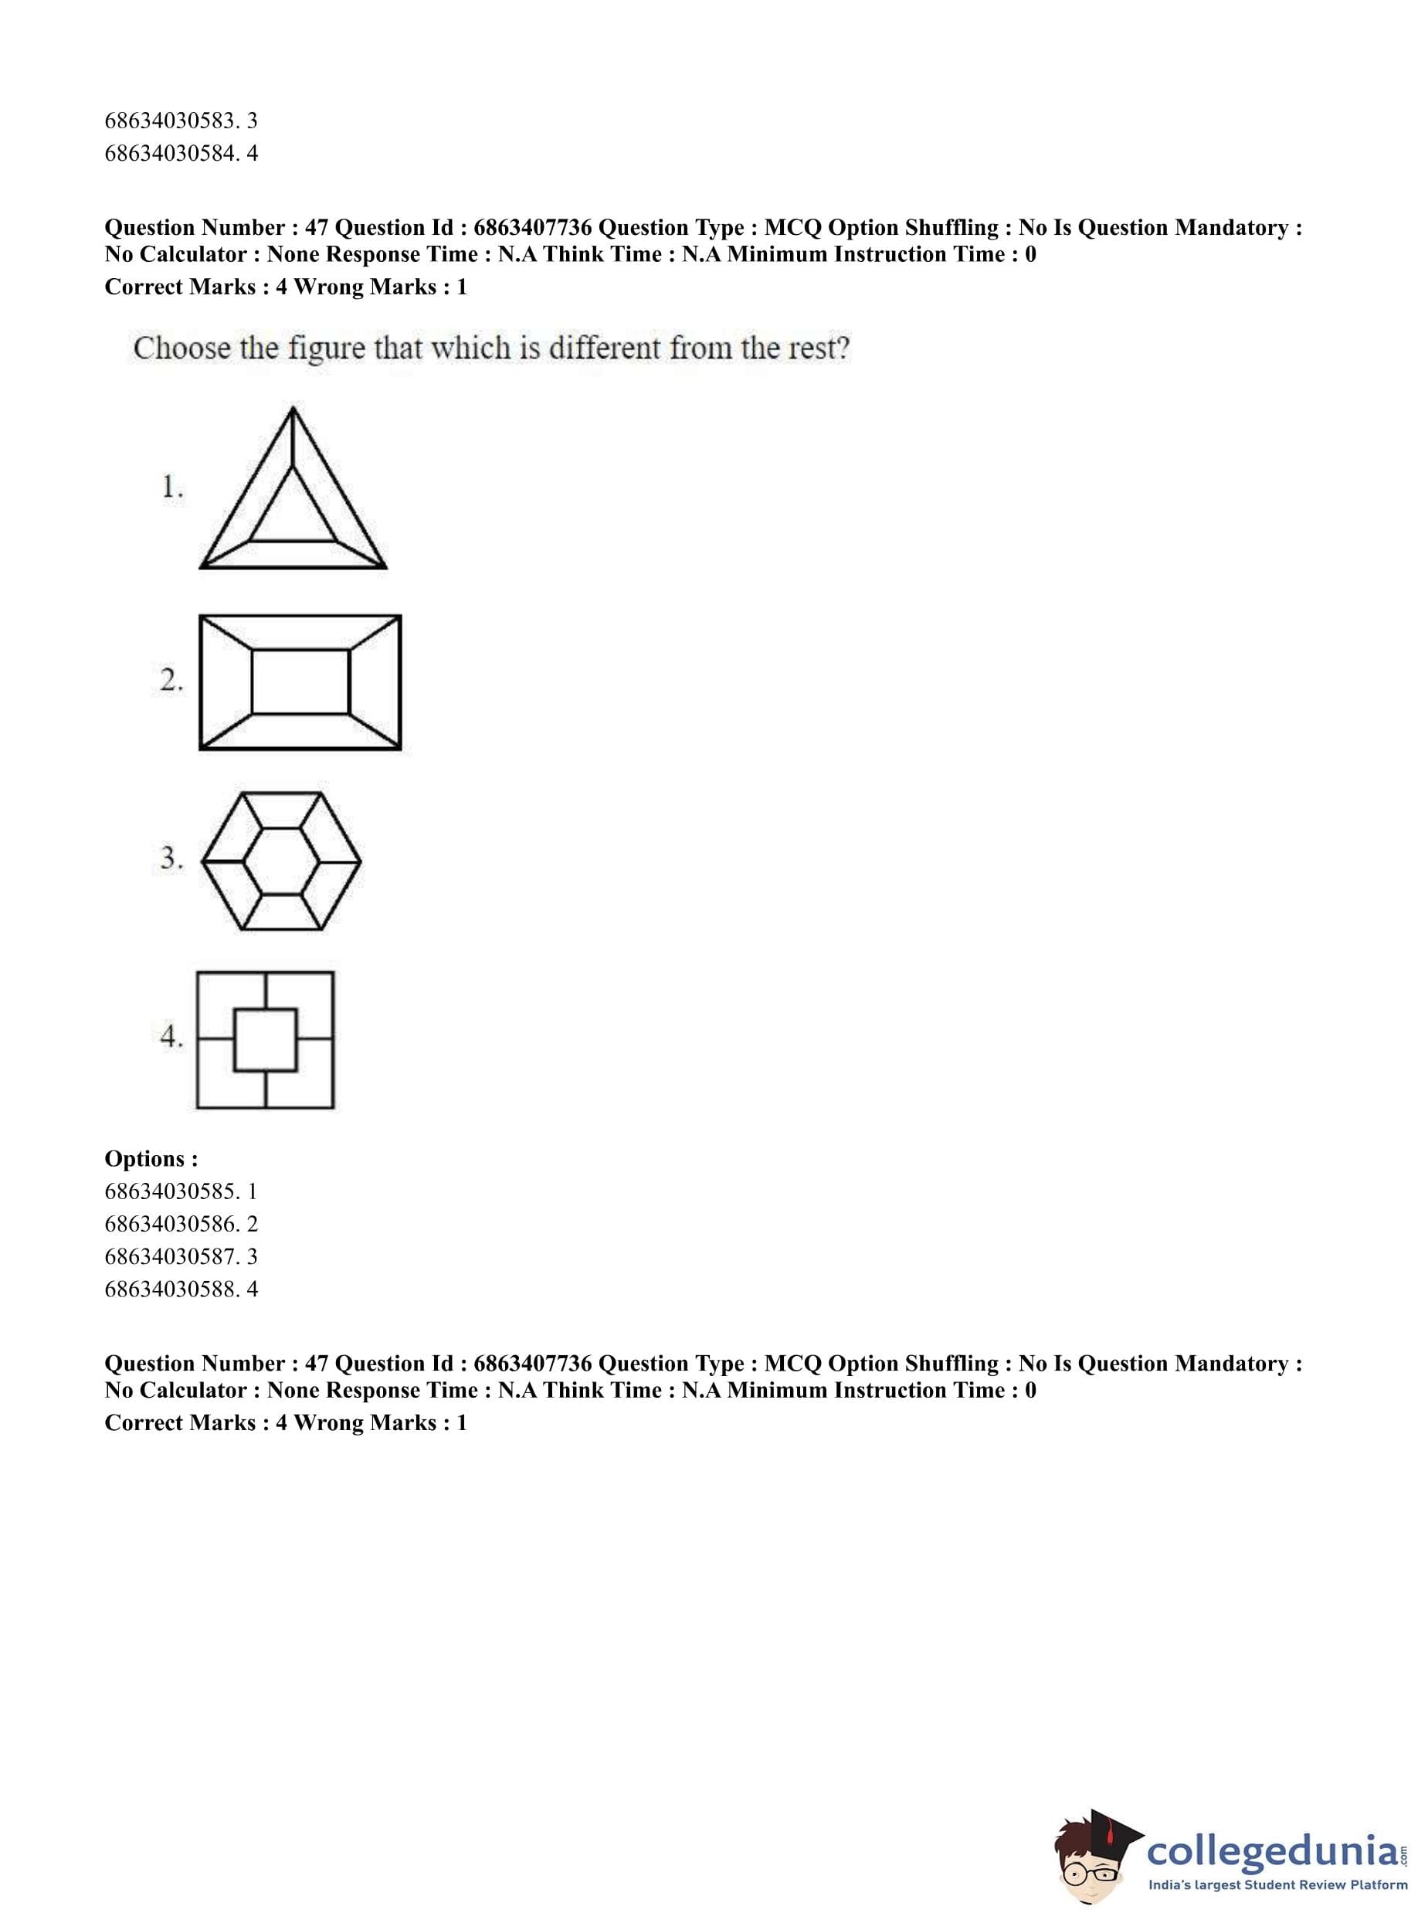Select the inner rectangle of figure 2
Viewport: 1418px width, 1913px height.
click(300, 681)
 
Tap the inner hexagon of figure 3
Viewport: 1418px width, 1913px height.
click(280, 861)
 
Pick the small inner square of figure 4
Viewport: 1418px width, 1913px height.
click(265, 1040)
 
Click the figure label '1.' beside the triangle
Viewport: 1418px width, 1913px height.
click(171, 488)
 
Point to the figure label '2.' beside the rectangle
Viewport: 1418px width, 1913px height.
click(171, 680)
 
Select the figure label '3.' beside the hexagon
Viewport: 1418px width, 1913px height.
click(171, 858)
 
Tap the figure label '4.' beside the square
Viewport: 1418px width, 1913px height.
click(171, 1036)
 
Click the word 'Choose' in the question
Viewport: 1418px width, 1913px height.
click(182, 348)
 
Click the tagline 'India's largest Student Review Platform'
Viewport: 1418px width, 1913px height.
click(1277, 1885)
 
